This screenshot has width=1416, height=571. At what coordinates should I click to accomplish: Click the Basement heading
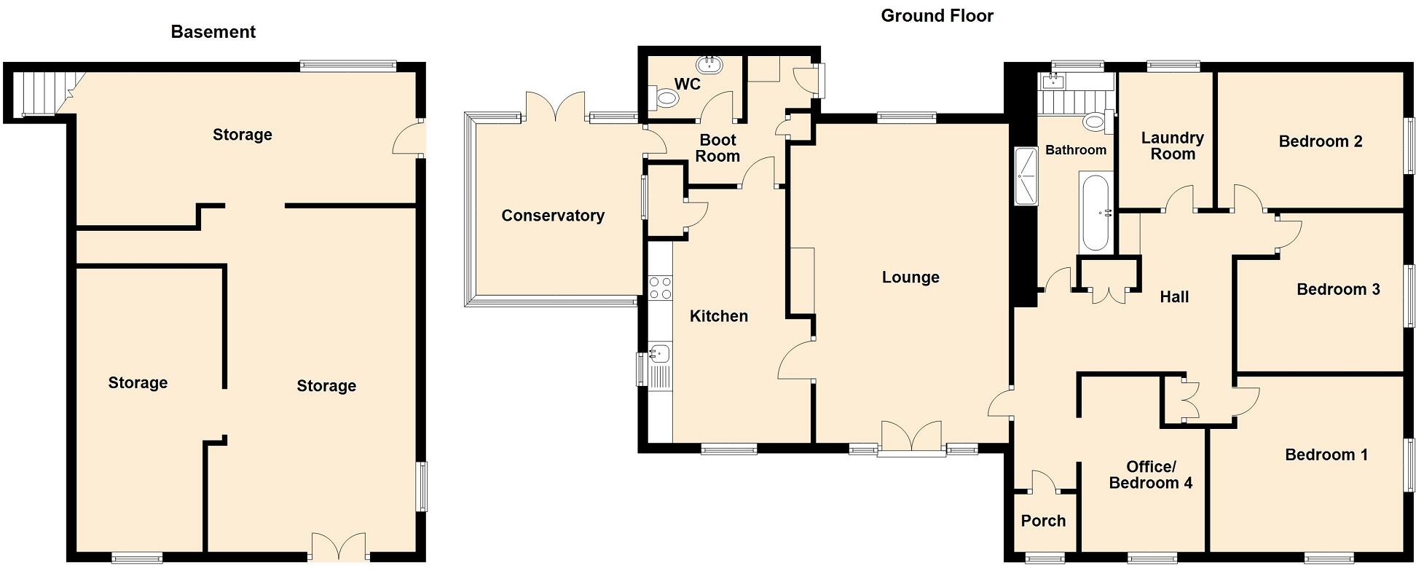tap(213, 32)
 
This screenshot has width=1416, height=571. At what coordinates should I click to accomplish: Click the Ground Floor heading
tap(937, 16)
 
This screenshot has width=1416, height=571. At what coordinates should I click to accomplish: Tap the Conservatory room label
tap(553, 216)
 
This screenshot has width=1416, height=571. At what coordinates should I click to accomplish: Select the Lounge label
tap(910, 277)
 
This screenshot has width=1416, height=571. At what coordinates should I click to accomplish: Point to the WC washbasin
tap(709, 66)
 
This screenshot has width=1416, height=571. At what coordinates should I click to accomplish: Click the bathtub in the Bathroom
tap(1095, 212)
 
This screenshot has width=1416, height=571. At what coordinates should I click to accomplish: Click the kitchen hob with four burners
tap(660, 288)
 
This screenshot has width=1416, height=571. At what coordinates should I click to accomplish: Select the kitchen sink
tap(659, 354)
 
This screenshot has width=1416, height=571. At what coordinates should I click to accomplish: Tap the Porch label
tap(1043, 521)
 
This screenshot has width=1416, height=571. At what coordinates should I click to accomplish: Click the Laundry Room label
tap(1172, 146)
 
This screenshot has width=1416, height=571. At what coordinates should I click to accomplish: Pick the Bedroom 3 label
tap(1338, 289)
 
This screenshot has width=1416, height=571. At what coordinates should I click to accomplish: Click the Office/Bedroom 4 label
tap(1150, 475)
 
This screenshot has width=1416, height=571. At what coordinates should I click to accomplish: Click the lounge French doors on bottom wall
tap(911, 437)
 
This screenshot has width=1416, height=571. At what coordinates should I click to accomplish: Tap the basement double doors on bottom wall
tap(339, 546)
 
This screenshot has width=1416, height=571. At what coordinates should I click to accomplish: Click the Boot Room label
tap(717, 148)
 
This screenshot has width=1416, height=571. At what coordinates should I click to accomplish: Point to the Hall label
tap(1173, 296)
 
